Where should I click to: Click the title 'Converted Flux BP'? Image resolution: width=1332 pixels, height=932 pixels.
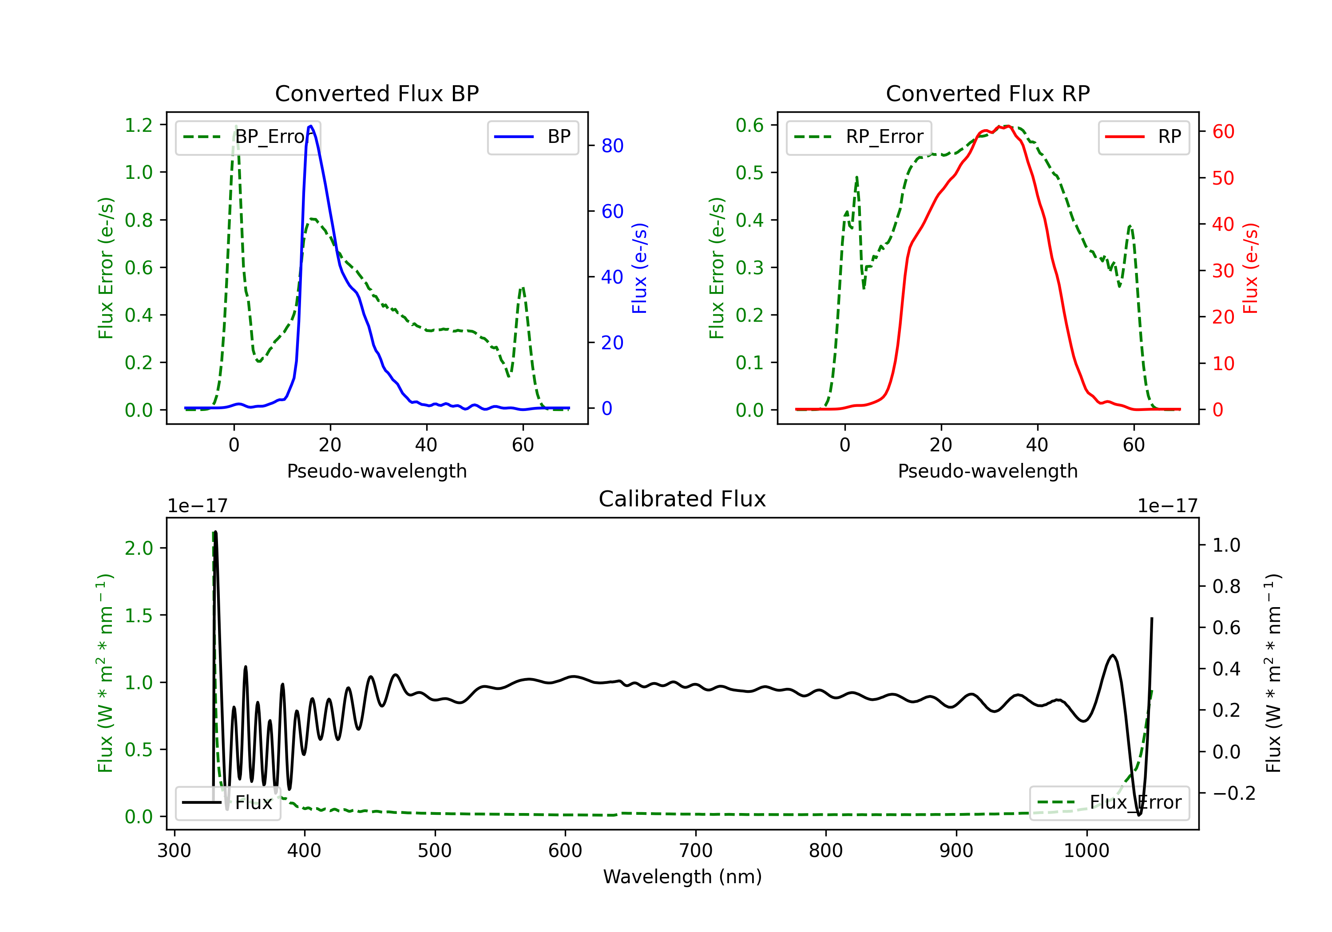tap(377, 93)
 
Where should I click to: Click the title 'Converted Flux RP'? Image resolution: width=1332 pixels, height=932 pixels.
tap(987, 93)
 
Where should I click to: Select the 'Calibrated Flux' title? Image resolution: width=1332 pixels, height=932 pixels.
tap(682, 499)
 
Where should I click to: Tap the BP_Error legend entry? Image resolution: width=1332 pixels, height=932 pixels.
tap(248, 137)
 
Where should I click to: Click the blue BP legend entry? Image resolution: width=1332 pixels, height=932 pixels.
tap(532, 137)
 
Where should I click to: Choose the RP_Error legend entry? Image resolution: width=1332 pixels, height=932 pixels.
tap(859, 137)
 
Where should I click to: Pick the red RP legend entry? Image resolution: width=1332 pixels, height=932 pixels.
tap(1143, 137)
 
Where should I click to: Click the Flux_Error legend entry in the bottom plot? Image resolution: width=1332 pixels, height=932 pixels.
tap(1109, 803)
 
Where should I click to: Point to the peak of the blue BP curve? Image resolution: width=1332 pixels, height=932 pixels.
tap(311, 126)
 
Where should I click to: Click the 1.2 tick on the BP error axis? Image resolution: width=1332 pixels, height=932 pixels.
tap(139, 125)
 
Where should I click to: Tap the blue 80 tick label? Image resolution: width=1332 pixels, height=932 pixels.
tap(613, 146)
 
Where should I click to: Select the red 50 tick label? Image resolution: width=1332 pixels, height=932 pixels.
tap(1224, 178)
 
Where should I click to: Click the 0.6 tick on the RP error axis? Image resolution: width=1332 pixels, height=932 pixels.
tap(749, 125)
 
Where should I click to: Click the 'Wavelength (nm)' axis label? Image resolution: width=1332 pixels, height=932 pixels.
tap(682, 877)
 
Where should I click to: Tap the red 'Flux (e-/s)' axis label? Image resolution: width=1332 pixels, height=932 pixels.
tap(1251, 268)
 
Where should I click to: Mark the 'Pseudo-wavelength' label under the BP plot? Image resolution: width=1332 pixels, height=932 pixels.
tap(377, 471)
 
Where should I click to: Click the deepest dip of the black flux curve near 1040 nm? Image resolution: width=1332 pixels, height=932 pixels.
tap(1139, 815)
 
